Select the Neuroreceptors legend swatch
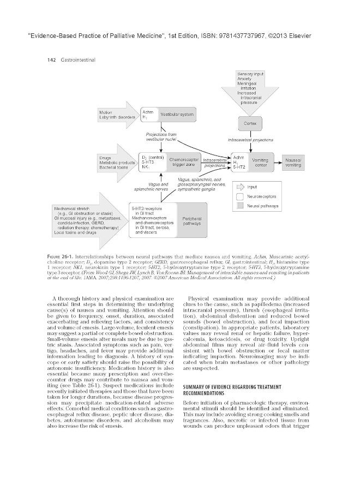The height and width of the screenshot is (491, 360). click(x=240, y=196)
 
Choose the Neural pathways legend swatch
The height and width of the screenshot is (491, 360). click(x=240, y=206)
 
